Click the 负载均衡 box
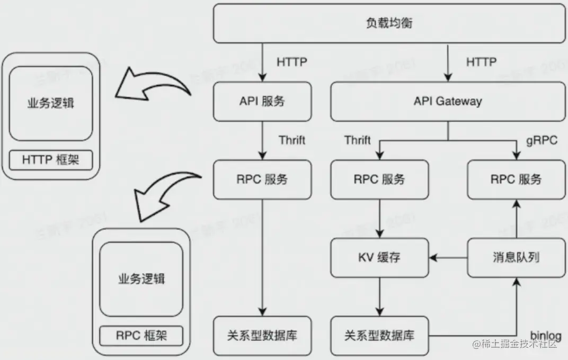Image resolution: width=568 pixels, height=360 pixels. point(389,24)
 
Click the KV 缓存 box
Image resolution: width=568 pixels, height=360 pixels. point(379,258)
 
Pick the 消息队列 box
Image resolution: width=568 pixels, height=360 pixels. point(517,258)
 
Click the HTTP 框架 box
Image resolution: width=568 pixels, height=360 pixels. point(50,160)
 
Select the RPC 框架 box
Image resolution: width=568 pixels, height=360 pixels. point(141,335)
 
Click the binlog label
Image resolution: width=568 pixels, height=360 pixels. point(545,335)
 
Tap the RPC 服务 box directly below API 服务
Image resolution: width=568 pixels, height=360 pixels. point(262,179)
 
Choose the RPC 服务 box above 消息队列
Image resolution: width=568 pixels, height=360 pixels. point(517,179)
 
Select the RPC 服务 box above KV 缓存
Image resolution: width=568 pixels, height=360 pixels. point(379,179)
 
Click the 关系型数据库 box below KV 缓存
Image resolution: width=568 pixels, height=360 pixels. point(379,335)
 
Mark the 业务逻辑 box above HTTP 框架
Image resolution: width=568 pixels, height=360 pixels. point(50,103)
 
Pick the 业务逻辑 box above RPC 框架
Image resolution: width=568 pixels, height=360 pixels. point(141,279)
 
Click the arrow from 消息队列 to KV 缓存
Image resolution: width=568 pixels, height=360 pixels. point(448,258)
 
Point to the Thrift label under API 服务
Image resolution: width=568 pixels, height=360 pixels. point(292,140)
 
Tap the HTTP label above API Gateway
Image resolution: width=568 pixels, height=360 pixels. point(481,62)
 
